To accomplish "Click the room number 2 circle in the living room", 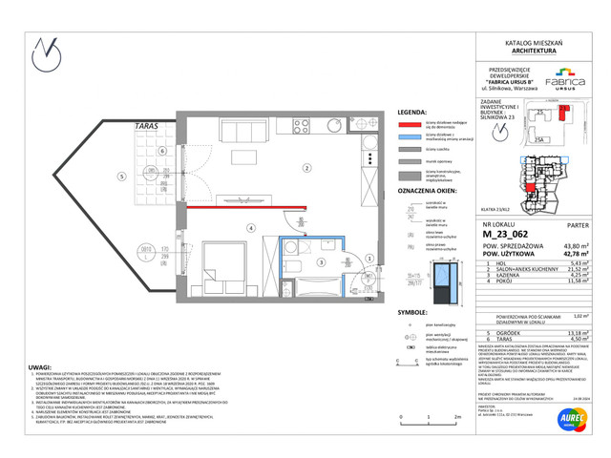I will (x=306, y=169).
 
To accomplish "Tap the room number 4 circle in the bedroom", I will (x=251, y=227).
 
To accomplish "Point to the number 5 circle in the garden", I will (x=121, y=177).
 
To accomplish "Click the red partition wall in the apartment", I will (x=239, y=207).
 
